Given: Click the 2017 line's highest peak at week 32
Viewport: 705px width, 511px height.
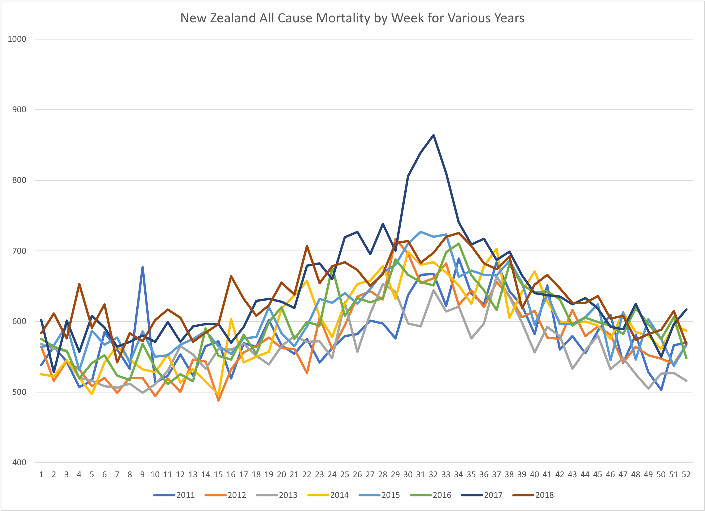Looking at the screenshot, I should click(x=433, y=135).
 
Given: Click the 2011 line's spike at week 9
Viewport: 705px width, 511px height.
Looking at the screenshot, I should click(x=142, y=267).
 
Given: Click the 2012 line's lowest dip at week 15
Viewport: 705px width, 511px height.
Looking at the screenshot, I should click(x=218, y=400).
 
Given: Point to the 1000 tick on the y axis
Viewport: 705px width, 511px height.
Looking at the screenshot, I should click(x=17, y=39).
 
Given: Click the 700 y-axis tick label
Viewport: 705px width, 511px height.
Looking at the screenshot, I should click(x=19, y=251).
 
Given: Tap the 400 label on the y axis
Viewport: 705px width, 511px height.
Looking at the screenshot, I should click(x=19, y=463).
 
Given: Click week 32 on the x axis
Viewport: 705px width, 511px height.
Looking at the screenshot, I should click(x=433, y=475).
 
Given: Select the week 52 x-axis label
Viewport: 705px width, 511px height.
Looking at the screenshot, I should click(x=686, y=475).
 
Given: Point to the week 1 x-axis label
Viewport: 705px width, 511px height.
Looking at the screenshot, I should click(x=41, y=475).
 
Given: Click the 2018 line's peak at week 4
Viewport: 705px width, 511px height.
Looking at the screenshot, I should click(x=79, y=284).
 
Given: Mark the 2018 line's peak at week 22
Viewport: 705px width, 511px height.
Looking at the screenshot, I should click(x=307, y=246).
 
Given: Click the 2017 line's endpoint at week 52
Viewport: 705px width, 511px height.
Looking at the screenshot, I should click(x=686, y=309).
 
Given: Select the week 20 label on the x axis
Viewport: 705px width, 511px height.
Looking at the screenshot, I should click(x=281, y=475).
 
